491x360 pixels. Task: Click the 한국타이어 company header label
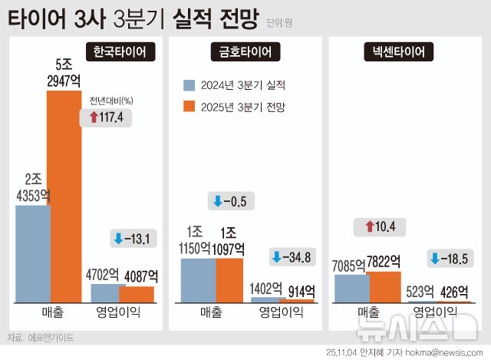tap(123, 52)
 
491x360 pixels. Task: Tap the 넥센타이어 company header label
tap(399, 52)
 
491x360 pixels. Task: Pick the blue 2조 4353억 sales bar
tap(33, 253)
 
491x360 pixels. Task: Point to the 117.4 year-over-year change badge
tap(107, 117)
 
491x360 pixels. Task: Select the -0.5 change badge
tap(232, 201)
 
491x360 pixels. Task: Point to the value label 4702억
tap(106, 274)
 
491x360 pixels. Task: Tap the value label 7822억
tap(385, 263)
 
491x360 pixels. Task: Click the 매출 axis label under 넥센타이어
tap(367, 312)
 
